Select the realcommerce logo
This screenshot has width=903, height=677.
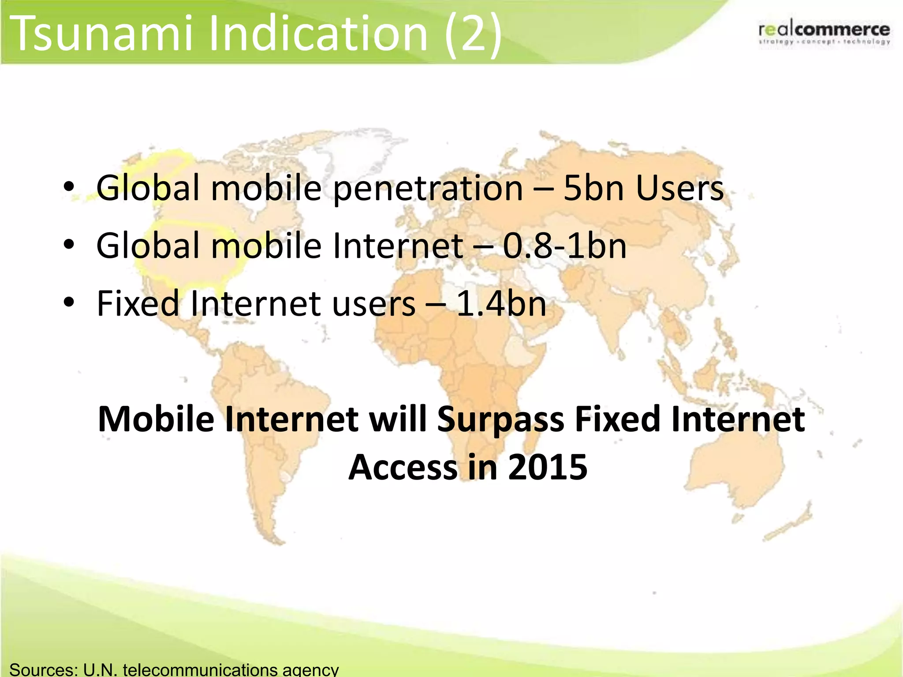(824, 33)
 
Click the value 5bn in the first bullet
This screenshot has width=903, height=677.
(593, 188)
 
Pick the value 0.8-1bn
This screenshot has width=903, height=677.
(564, 246)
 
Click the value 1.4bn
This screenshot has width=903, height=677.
(501, 304)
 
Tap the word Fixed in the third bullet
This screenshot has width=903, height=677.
(138, 304)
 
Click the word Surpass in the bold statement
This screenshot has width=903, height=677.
(500, 420)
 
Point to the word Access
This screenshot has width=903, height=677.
(403, 467)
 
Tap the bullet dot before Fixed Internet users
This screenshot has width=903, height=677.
(69, 303)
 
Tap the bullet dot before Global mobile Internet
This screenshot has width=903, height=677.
(69, 245)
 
